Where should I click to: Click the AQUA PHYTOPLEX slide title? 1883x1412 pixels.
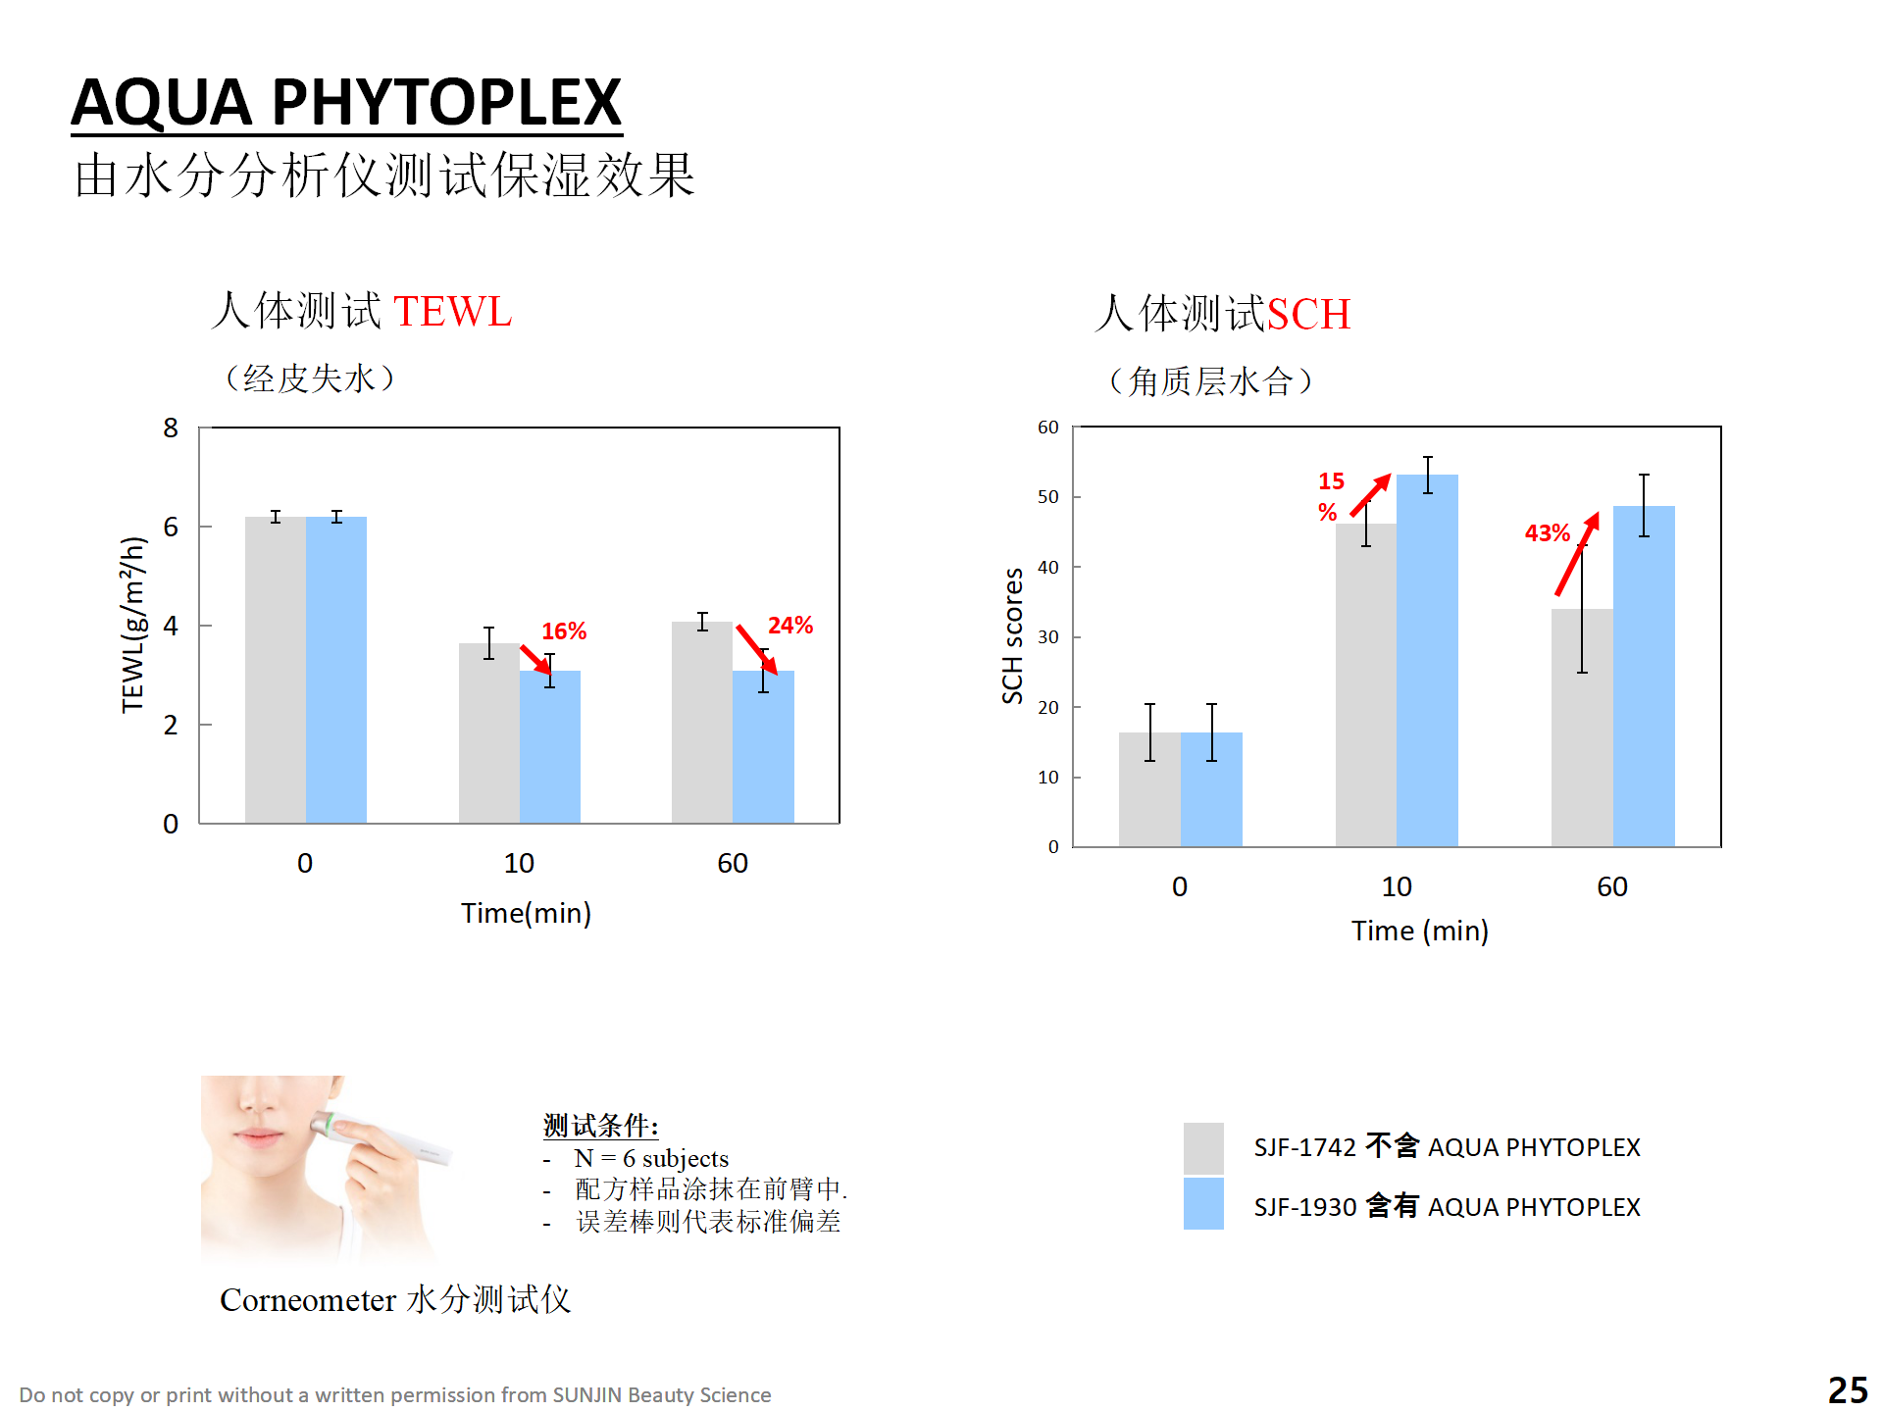coord(346,102)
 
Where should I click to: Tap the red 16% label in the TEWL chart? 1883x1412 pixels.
coord(564,631)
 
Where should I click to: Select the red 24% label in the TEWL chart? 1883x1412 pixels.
coord(789,626)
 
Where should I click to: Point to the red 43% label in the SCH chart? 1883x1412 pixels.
coord(1547,533)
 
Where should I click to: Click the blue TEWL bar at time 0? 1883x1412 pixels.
coord(336,677)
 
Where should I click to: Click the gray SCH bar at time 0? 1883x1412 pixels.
coord(1149,794)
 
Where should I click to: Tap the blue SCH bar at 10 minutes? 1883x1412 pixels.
coord(1427,667)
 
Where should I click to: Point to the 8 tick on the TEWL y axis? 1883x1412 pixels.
coord(171,429)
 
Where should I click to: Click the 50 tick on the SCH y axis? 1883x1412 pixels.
coord(1047,497)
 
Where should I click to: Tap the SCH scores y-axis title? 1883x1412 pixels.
coord(1012,635)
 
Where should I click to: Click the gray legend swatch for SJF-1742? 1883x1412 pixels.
coord(1203,1147)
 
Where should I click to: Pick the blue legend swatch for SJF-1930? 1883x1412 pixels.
coord(1203,1204)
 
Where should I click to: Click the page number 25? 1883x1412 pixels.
coord(1848,1389)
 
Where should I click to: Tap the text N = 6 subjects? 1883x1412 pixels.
coord(651,1158)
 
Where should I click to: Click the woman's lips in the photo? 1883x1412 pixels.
coord(257,1137)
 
